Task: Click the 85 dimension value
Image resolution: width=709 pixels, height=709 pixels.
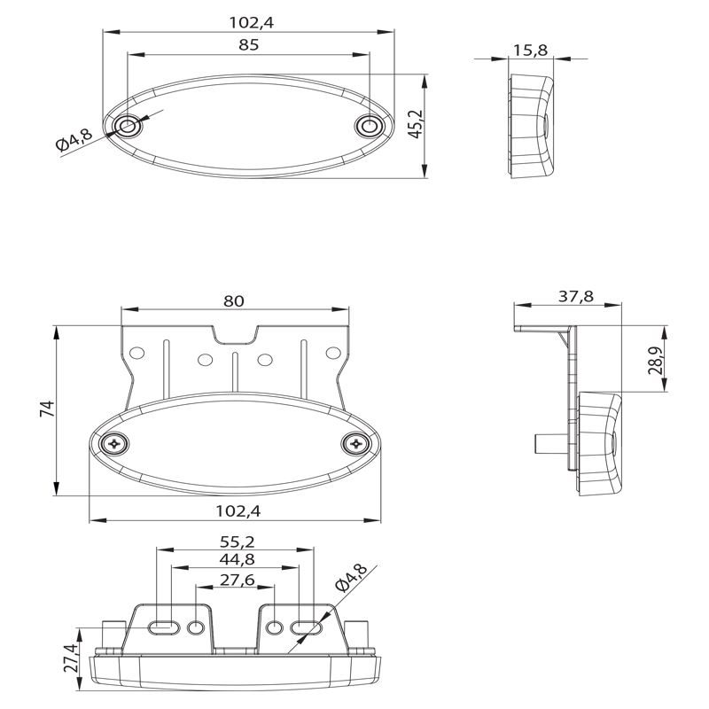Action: [x=248, y=45]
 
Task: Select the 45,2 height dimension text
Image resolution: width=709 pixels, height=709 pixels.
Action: [x=415, y=124]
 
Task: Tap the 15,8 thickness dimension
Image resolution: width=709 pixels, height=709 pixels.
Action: [x=530, y=50]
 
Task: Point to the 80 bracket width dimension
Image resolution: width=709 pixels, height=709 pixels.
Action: [x=234, y=300]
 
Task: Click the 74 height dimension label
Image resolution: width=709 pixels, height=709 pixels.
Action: [x=48, y=409]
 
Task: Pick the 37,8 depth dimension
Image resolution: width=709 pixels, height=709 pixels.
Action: [x=575, y=296]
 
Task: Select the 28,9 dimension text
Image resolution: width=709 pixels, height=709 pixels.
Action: [x=655, y=361]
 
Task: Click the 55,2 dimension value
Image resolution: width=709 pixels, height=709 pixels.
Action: [x=238, y=541]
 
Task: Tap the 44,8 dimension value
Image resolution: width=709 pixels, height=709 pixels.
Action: [x=237, y=560]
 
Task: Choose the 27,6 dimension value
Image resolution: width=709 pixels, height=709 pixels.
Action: [x=238, y=580]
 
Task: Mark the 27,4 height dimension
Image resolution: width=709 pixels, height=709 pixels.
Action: [x=72, y=658]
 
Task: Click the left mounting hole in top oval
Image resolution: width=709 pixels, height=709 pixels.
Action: [x=128, y=125]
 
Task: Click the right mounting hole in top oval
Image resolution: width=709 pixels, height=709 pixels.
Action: [x=370, y=125]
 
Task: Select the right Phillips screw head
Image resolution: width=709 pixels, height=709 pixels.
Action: [x=356, y=444]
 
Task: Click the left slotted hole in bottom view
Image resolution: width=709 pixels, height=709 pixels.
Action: [x=164, y=627]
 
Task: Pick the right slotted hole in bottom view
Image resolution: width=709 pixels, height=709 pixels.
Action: [x=306, y=627]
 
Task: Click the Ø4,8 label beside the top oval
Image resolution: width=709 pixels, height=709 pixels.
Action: [x=74, y=139]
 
